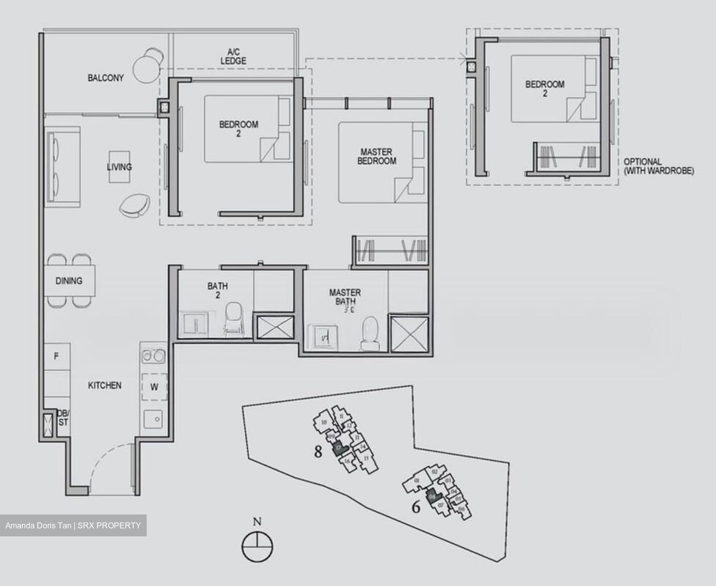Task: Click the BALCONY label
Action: [x=105, y=78]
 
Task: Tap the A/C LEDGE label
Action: [x=233, y=57]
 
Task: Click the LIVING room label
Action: [x=119, y=167]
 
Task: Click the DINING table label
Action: [x=69, y=281]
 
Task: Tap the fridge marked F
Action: [x=56, y=356]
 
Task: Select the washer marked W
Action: [x=154, y=387]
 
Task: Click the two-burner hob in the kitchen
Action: [x=154, y=356]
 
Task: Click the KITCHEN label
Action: [x=104, y=385]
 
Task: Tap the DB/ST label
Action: [x=64, y=418]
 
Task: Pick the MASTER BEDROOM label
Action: [x=376, y=156]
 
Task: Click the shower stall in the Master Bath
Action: [x=410, y=334]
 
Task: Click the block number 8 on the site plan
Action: [x=319, y=452]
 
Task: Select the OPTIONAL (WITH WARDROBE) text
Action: [x=658, y=166]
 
